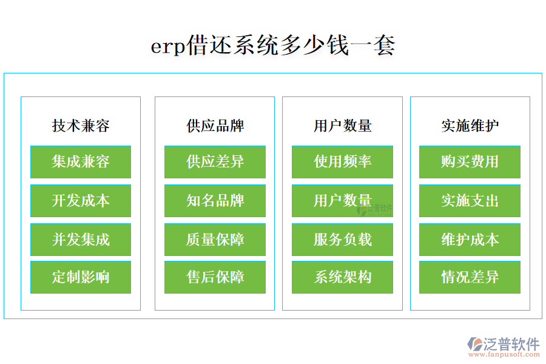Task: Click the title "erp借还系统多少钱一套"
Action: point(273,46)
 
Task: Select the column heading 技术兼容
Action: point(81,126)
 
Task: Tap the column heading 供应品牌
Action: point(215,126)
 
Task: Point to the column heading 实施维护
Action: point(470,126)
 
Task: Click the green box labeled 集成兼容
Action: point(81,162)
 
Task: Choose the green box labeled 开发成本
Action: point(81,201)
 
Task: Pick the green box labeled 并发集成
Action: point(81,240)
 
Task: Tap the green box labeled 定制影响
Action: point(81,278)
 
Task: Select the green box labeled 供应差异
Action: point(215,162)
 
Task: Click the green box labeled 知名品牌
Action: point(215,201)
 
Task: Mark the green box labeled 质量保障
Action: point(215,240)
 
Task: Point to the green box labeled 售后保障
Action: point(215,278)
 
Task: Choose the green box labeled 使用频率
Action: point(342,162)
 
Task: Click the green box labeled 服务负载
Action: point(342,240)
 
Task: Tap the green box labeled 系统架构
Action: point(342,278)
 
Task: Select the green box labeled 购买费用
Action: point(470,162)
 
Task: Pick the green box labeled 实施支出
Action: point(470,201)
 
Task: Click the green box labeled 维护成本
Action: point(470,240)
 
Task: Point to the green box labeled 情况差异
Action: point(470,278)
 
